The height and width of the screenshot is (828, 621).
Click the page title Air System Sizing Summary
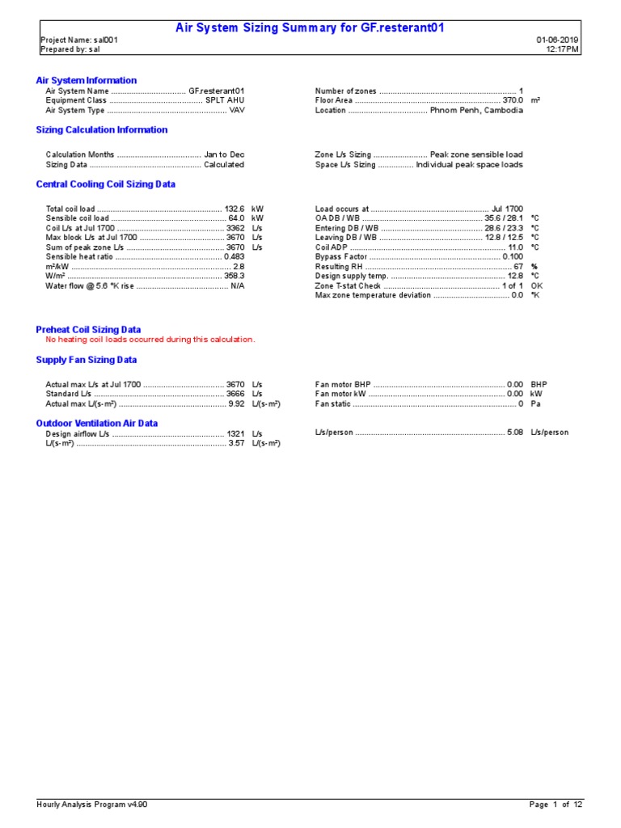click(x=310, y=28)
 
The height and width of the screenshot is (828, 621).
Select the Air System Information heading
click(x=87, y=81)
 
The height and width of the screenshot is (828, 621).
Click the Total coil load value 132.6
click(x=234, y=209)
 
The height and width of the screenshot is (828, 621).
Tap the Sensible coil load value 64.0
click(x=236, y=218)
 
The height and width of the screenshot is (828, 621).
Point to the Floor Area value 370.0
click(x=513, y=100)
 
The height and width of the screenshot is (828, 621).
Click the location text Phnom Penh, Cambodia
click(x=476, y=111)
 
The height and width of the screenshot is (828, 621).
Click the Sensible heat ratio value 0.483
click(x=234, y=256)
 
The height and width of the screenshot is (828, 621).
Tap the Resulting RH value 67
click(x=518, y=266)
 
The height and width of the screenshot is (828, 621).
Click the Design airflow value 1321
click(x=235, y=433)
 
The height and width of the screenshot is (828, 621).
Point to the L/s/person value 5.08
click(x=515, y=433)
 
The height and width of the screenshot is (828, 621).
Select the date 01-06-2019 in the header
click(x=557, y=40)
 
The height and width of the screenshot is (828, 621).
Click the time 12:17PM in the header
click(x=563, y=49)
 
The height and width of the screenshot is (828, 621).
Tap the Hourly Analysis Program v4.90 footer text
click(x=92, y=805)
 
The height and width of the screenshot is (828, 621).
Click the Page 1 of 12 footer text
click(x=556, y=805)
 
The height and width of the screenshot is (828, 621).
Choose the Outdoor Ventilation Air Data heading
click(x=97, y=423)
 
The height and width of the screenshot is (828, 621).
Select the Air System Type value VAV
click(x=237, y=111)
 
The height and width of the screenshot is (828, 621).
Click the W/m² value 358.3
click(x=234, y=276)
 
